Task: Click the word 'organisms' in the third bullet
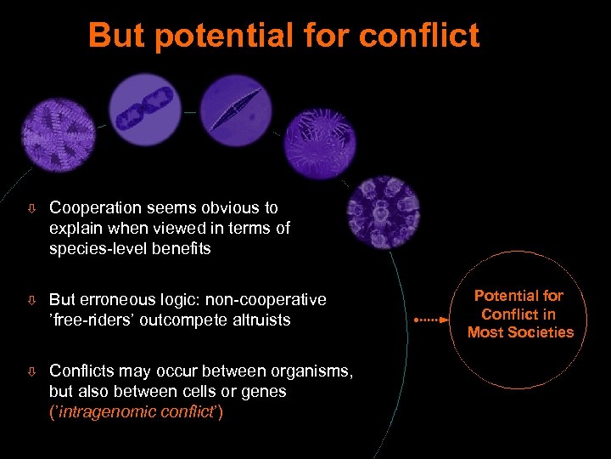tap(304, 371)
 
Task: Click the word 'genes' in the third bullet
tap(263, 391)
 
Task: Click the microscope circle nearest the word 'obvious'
tap(381, 212)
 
